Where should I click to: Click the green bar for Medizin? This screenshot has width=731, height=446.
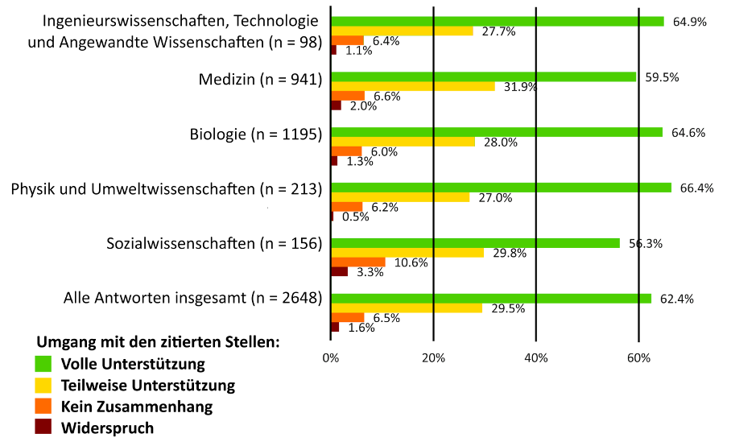pyautogui.click(x=483, y=76)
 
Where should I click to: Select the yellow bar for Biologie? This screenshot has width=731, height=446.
pyautogui.click(x=403, y=142)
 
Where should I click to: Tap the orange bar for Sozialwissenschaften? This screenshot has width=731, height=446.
pyautogui.click(x=357, y=262)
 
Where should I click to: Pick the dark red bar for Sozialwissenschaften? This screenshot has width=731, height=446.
pyautogui.click(x=339, y=271)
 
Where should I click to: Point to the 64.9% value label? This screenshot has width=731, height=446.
pyautogui.click(x=689, y=22)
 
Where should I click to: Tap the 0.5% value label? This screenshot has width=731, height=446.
pyautogui.click(x=355, y=217)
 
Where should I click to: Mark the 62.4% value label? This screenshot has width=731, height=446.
pyautogui.click(x=676, y=299)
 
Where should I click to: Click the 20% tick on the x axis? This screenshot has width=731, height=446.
pyautogui.click(x=433, y=357)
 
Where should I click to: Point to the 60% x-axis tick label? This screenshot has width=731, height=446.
pyautogui.click(x=638, y=357)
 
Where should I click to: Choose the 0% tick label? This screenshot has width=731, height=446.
pyautogui.click(x=330, y=357)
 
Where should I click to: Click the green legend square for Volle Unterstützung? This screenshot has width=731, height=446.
pyautogui.click(x=43, y=363)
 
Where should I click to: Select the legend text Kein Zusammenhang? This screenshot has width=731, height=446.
pyautogui.click(x=137, y=407)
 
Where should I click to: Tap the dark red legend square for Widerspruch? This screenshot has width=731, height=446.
pyautogui.click(x=43, y=427)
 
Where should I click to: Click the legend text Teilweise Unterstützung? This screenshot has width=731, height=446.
pyautogui.click(x=148, y=385)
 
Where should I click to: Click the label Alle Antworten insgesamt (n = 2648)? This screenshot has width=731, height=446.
pyautogui.click(x=192, y=299)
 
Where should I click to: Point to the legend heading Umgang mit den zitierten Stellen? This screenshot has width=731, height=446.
pyautogui.click(x=158, y=341)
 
